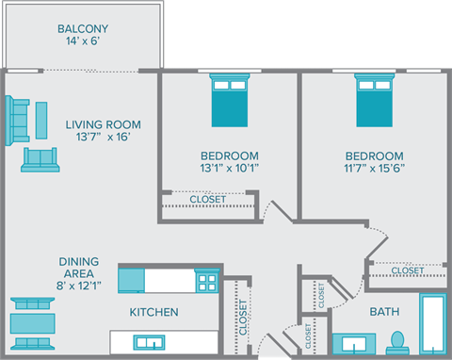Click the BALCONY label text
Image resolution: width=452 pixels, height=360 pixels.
pos(84,27)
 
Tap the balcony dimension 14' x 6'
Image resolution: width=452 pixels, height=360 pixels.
pos(84,42)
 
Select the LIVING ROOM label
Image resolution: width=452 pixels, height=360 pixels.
pos(104,123)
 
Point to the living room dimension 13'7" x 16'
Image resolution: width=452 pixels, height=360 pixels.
pos(104,138)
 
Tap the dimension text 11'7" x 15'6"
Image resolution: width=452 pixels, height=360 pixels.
pos(374,170)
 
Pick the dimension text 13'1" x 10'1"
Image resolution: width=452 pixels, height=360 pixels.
pos(230,170)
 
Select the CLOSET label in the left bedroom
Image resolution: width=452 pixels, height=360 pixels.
pos(207,199)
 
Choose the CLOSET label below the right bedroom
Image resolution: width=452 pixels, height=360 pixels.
pos(408,270)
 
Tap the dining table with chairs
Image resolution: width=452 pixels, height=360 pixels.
pos(32,323)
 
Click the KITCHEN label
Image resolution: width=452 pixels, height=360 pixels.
pos(153,312)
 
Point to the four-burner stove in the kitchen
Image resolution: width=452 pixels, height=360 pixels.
pos(205,281)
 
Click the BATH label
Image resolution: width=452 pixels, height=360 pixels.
pos(384,311)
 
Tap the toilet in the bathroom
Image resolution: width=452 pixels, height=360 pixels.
pos(397,339)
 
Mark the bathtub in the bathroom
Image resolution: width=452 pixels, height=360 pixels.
pos(432,326)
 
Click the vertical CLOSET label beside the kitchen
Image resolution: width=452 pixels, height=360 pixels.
pos(243,318)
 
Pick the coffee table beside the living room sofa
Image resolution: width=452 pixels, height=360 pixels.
pos(42,119)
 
